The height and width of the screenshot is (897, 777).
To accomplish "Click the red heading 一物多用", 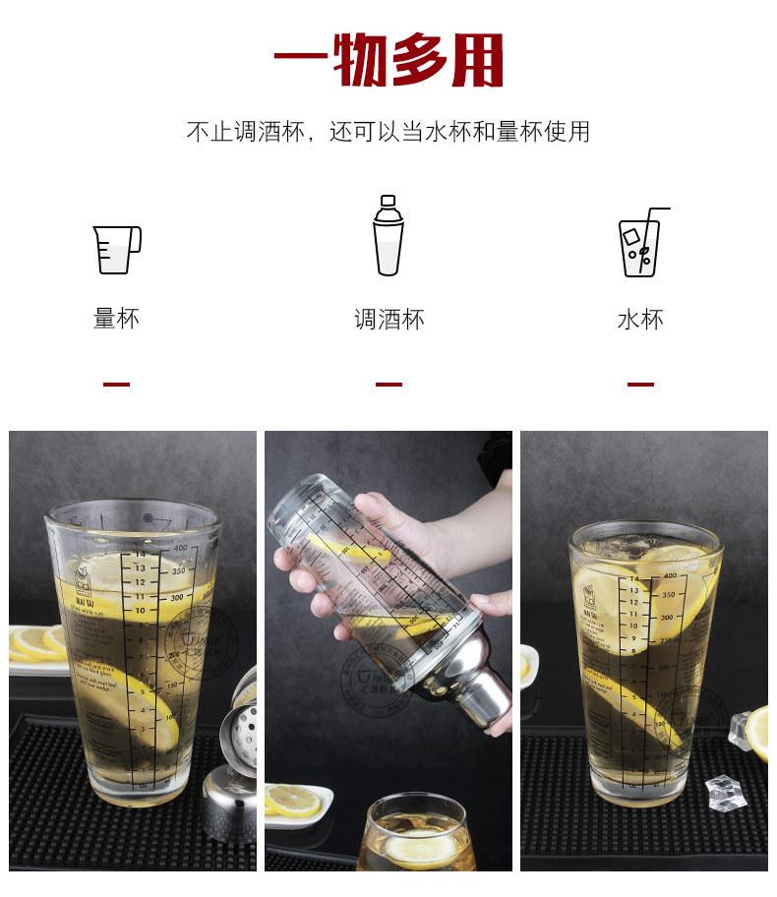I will pos(388,61).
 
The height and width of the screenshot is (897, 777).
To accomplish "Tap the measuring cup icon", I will pos(117,249).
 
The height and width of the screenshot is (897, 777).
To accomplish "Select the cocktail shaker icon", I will pos(388,236).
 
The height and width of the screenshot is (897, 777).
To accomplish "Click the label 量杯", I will pos(117,319).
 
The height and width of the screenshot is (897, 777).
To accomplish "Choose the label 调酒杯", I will pos(388,320).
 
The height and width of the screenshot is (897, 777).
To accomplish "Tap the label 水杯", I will pos(640,320).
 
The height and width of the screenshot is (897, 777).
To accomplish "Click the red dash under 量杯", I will pos(117,385).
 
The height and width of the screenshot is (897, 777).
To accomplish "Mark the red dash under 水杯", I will pos(640,385).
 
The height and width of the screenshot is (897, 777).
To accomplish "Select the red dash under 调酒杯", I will pos(388,385).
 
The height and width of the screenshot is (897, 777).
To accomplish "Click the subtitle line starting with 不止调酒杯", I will pos(388,132).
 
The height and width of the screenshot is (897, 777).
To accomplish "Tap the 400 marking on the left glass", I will pos(180,547).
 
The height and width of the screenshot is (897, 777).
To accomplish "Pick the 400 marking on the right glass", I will pos(669,575).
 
